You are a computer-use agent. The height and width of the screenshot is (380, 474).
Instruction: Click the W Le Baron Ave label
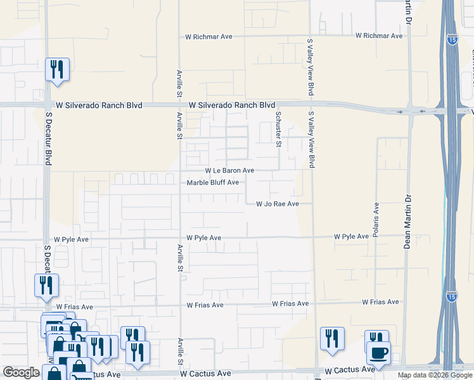click(x=229, y=171)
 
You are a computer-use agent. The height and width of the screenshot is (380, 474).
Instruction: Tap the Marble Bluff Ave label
click(x=213, y=183)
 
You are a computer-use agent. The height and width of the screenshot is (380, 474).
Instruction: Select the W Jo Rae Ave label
click(x=277, y=204)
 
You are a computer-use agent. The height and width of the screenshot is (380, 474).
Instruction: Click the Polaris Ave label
click(x=376, y=216)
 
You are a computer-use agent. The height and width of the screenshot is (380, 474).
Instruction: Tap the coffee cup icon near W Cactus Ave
click(x=379, y=352)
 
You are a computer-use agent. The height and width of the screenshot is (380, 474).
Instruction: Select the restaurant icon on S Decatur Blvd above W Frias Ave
click(x=46, y=286)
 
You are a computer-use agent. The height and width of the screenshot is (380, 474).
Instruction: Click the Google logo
click(x=21, y=372)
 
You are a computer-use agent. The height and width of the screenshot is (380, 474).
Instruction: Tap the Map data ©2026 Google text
click(x=434, y=375)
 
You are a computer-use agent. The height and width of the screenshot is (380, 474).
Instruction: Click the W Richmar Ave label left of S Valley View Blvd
click(x=208, y=37)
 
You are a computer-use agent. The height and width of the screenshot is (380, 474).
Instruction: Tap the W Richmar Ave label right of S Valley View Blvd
click(x=379, y=36)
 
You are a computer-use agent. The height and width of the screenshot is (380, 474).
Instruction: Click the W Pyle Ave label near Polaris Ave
click(x=351, y=236)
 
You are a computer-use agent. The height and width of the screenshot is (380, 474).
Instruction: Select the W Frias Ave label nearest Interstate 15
click(x=380, y=303)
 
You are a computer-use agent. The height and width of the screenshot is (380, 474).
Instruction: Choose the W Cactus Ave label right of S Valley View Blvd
click(x=350, y=369)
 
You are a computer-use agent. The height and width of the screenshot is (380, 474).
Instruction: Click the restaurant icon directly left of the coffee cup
click(x=332, y=339)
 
